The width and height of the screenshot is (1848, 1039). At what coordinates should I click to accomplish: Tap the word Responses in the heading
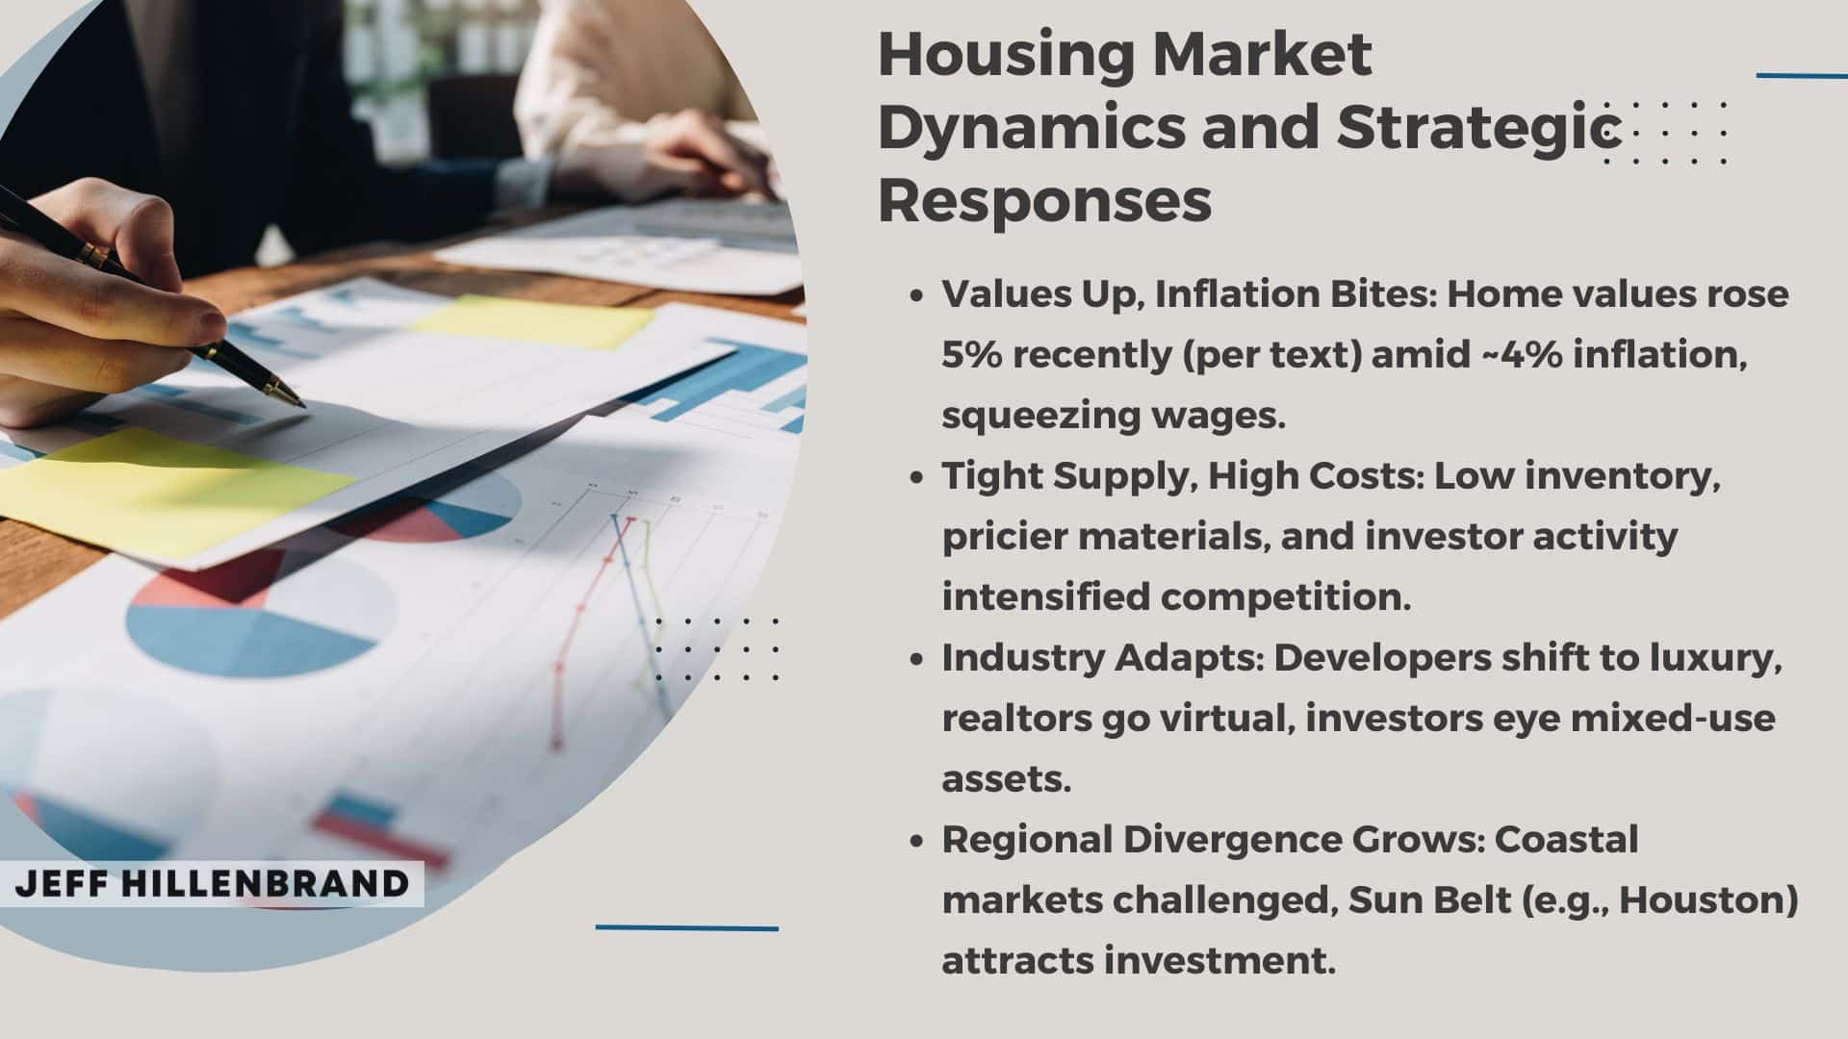click(1044, 200)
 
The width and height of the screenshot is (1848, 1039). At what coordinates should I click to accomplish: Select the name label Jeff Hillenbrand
click(212, 884)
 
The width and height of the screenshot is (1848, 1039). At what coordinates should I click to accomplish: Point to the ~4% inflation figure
click(1521, 355)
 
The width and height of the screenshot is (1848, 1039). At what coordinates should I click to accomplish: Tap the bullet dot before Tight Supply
click(917, 478)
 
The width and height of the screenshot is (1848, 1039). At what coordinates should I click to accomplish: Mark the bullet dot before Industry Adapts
click(917, 660)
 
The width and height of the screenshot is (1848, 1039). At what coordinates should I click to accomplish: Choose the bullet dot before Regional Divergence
click(917, 842)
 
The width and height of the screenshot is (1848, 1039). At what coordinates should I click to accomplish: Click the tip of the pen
click(305, 406)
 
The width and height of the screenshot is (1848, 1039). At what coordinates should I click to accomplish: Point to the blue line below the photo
click(687, 928)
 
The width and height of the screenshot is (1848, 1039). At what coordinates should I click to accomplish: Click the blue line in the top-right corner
click(1802, 75)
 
